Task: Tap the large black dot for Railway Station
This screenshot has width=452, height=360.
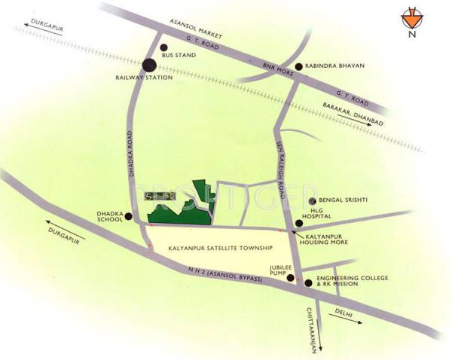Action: click(150, 65)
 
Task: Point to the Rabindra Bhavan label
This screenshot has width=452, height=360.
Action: click(334, 66)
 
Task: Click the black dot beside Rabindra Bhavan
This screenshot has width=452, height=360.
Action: click(299, 66)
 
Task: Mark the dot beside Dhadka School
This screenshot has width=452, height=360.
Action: click(128, 217)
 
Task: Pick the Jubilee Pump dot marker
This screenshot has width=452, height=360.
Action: click(290, 277)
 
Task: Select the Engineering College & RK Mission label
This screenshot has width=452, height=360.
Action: click(352, 282)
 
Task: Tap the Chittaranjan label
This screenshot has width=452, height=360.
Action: click(311, 323)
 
